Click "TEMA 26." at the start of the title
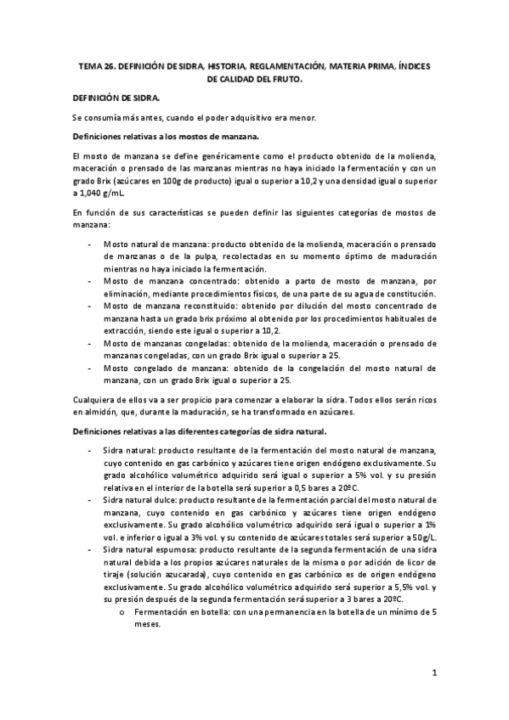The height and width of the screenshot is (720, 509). click(95, 64)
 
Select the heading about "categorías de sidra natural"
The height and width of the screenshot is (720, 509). click(189, 431)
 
